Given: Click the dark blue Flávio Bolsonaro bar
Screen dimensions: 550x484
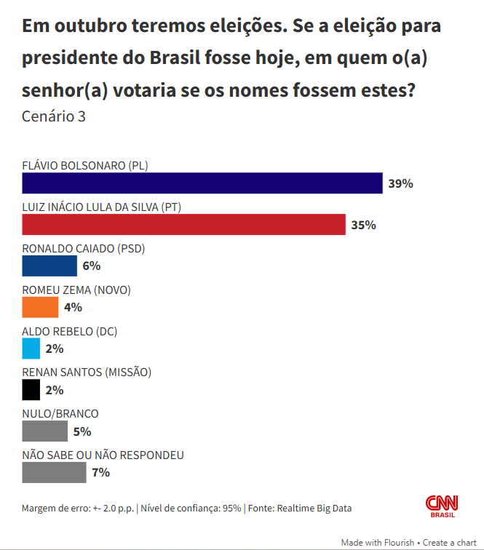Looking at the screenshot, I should click(202, 183).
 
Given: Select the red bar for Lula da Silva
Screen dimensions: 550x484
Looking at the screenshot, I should click(183, 225).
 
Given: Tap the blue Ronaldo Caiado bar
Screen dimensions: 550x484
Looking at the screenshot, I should click(49, 266).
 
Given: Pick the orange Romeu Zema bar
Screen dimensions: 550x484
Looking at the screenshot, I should click(40, 307).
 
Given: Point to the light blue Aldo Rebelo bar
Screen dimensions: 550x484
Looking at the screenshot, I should click(31, 348).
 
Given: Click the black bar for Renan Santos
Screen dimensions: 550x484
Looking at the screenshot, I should click(31, 390).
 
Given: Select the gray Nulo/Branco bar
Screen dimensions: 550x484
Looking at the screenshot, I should click(44, 431).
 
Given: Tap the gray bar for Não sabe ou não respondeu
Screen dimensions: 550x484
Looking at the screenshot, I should click(54, 473).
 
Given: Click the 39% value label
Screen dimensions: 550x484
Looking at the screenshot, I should click(400, 184).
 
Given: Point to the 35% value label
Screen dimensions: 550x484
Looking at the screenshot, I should click(363, 226).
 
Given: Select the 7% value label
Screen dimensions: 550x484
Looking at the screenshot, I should click(100, 473).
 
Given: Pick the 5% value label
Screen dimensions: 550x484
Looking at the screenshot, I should click(82, 431).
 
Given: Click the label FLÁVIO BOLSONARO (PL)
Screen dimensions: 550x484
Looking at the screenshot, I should click(85, 165).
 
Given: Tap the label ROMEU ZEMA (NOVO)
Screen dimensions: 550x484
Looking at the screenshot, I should click(76, 290).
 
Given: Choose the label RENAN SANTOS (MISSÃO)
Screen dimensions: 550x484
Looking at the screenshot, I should click(87, 372).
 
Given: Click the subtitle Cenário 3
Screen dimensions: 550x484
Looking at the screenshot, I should click(54, 116).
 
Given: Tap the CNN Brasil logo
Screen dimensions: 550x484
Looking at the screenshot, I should click(442, 506).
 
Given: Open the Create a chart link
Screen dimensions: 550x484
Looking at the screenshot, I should click(451, 543).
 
